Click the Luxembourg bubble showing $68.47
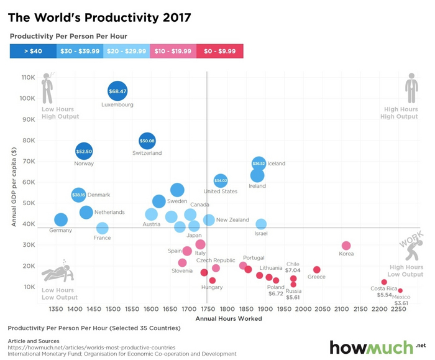(117, 91)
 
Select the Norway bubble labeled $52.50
(84, 151)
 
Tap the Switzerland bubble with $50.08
(147, 141)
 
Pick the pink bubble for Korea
(346, 246)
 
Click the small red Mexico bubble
(400, 290)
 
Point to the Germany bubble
(60, 219)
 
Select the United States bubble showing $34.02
(221, 181)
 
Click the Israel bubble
(261, 224)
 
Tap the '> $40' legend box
(33, 51)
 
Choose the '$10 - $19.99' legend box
(173, 51)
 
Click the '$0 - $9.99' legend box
(220, 51)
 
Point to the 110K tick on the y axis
(28, 78)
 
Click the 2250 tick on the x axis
(398, 308)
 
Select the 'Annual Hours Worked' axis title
(229, 318)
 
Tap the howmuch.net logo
(377, 347)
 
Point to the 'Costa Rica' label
(383, 288)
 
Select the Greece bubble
(316, 270)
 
